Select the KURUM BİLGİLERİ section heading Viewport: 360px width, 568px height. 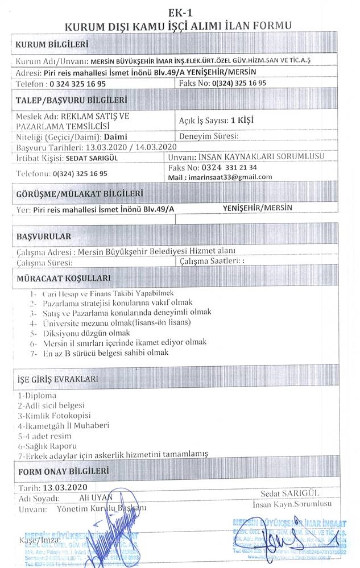pos(52,44)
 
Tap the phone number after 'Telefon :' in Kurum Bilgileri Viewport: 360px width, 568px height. pos(85,83)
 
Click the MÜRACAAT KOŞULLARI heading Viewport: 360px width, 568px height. pos(64,279)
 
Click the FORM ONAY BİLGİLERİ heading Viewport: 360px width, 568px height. pos(63,471)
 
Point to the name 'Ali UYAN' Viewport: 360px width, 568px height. pos(98,497)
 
